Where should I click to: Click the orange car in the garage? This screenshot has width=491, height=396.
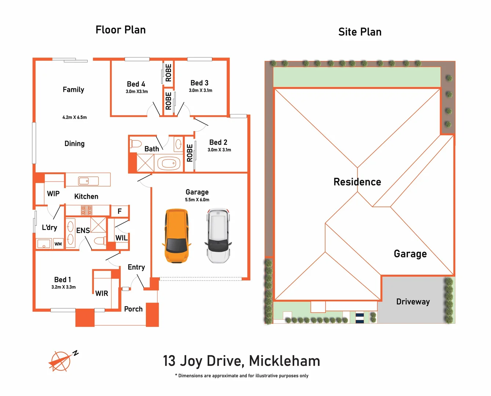pos(177,236)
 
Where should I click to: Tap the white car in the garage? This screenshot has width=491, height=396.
pos(218,236)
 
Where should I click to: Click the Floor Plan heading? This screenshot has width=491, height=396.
pos(120,30)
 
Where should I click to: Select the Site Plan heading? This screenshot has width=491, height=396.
pos(360,32)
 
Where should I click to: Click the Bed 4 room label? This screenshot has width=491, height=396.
pos(136,84)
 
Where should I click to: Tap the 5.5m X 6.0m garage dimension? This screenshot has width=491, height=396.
pos(197,200)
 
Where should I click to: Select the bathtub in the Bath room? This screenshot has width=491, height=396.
pos(169,163)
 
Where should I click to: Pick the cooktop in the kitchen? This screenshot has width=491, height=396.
pos(87,210)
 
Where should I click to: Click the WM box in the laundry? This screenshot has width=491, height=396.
pos(58,244)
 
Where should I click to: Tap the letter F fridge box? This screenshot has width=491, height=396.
pos(120,211)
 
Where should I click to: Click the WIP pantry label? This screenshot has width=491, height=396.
pos(53,194)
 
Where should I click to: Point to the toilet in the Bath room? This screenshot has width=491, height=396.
pos(136,144)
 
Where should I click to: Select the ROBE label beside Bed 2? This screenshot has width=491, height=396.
pos(190,153)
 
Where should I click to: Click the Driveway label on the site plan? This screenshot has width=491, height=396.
pos(413,302)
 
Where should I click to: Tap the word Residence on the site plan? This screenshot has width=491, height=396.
pos(357,182)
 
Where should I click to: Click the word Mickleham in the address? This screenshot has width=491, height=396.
pos(284,361)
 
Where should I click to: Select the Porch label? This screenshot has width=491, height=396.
pos(133,309)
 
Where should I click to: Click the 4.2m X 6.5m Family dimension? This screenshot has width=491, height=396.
pos(74,117)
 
